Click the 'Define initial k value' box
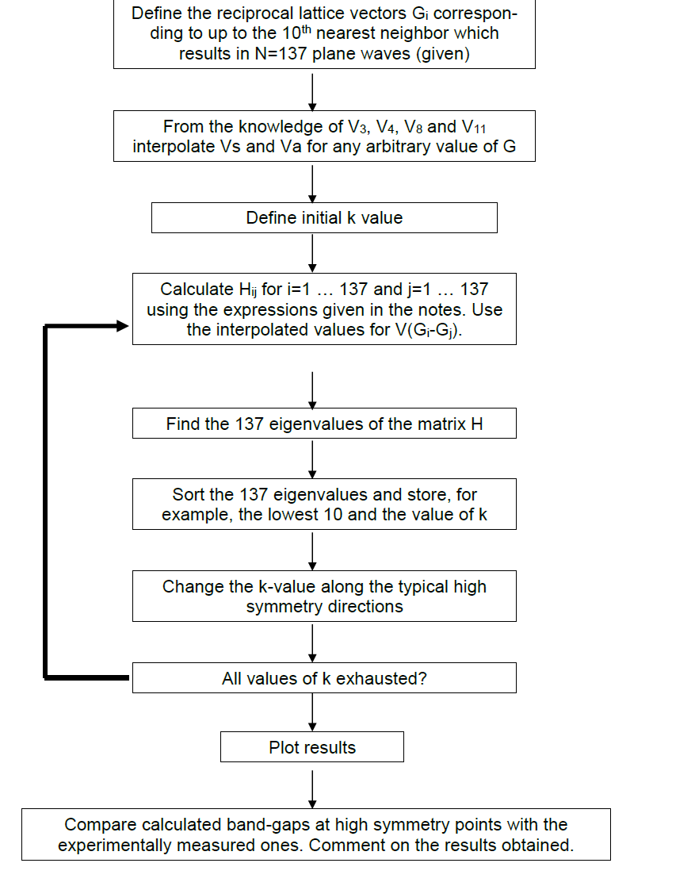click(x=324, y=218)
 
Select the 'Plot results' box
click(x=312, y=747)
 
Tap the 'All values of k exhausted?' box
click(x=324, y=678)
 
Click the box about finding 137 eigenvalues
click(x=324, y=424)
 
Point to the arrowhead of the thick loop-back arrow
click(x=121, y=326)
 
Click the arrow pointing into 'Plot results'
click(x=312, y=712)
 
